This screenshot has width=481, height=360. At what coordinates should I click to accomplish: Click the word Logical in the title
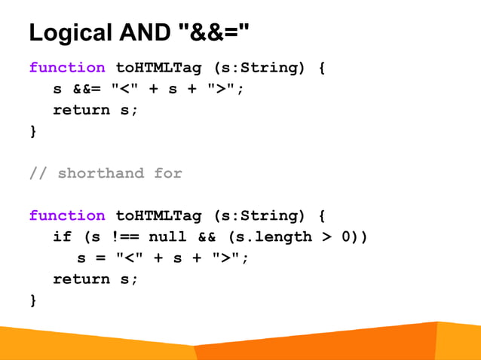[x=70, y=33]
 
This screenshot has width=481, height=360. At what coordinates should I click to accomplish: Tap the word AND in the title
[x=143, y=33]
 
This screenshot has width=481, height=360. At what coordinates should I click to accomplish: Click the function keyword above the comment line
[x=67, y=68]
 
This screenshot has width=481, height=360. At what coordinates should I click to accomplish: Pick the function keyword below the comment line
[x=67, y=215]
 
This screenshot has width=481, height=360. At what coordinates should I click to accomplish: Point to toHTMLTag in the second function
[x=158, y=215]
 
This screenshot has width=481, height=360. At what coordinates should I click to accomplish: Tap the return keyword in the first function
[x=81, y=110]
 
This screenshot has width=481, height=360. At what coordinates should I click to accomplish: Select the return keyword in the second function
[x=81, y=279]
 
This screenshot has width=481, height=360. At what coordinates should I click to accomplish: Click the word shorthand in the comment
[x=100, y=173]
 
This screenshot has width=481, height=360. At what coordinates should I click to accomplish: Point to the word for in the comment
[x=168, y=173]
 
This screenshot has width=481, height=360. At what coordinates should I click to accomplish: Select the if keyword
[x=62, y=236]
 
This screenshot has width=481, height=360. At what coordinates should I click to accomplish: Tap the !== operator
[x=124, y=236]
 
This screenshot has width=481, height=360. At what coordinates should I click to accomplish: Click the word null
[x=167, y=236]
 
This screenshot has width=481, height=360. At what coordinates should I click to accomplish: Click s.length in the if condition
[x=271, y=236]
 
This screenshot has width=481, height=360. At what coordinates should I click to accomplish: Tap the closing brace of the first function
[x=32, y=131]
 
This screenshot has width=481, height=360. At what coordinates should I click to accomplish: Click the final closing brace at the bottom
[x=32, y=300]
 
